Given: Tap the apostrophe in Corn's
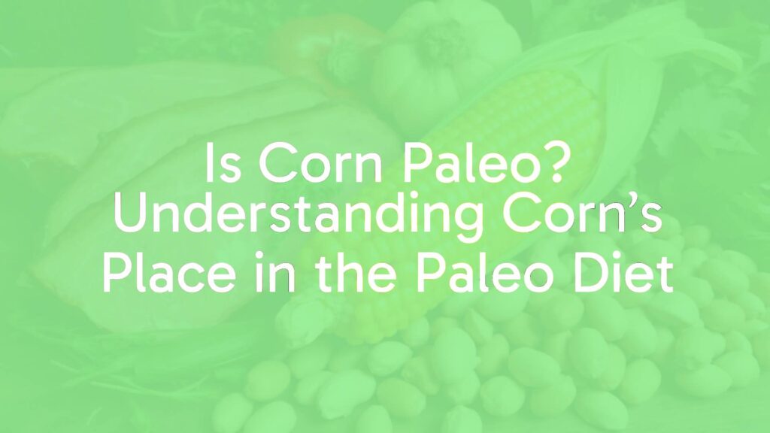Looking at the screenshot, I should tap(633, 205).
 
